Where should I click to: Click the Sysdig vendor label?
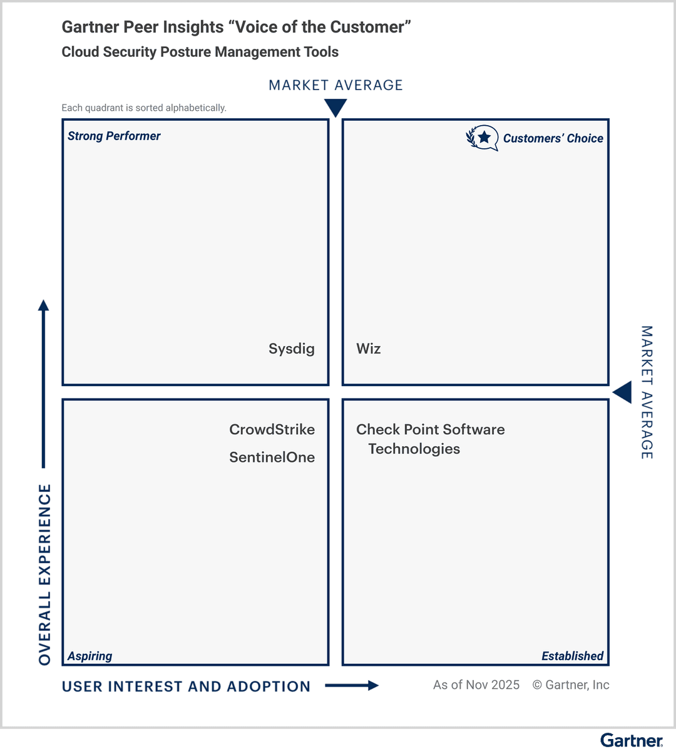(x=291, y=349)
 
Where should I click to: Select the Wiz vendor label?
(x=368, y=349)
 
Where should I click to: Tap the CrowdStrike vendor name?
(x=272, y=430)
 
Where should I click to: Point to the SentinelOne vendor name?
(x=272, y=457)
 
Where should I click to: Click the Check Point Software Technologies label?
(x=430, y=439)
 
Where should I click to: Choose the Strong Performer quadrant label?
(x=114, y=136)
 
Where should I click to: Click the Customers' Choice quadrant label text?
(x=553, y=138)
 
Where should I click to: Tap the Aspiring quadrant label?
(x=90, y=656)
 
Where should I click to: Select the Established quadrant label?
(x=572, y=656)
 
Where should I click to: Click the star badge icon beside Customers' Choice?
(x=483, y=138)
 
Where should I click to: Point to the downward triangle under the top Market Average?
(x=335, y=108)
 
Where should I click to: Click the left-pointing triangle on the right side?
(x=622, y=393)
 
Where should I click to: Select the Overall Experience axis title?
(x=44, y=574)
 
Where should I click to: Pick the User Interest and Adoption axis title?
(x=186, y=686)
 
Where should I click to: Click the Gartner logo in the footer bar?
(x=631, y=741)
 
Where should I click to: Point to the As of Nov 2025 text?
(x=476, y=685)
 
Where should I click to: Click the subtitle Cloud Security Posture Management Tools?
(x=200, y=52)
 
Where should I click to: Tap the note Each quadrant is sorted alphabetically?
(x=143, y=108)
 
